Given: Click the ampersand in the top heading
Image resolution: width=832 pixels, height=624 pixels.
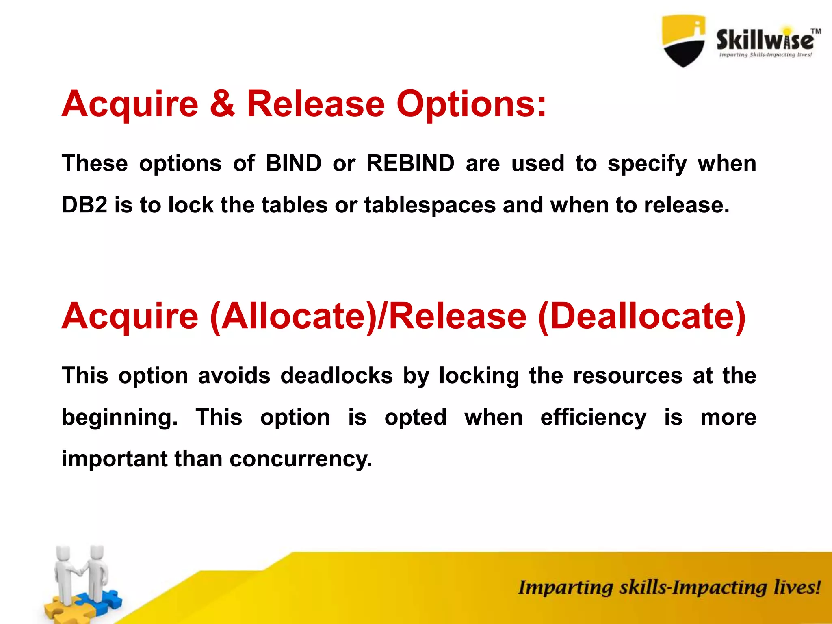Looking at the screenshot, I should point(222,104).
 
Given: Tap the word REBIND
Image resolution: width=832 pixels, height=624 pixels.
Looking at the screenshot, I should point(410,163).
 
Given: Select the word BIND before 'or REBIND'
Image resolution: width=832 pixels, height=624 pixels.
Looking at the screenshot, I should point(293,163).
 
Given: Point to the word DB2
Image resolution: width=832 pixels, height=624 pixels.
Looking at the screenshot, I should point(84,205).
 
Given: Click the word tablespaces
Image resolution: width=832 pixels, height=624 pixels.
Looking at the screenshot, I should point(430,206).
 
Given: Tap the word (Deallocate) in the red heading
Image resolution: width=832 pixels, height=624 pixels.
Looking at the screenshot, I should point(642,317).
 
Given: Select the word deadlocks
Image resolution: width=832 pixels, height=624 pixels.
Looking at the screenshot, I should point(337,375).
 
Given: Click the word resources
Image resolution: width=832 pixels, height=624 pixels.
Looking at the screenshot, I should point(628,376).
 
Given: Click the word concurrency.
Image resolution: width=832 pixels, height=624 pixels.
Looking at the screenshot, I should point(301,459).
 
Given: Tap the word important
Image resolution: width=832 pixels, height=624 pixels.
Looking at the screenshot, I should point(115,459).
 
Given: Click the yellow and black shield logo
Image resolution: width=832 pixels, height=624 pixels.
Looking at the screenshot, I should point(684,41).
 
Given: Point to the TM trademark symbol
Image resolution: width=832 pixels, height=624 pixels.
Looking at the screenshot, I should point(816,31).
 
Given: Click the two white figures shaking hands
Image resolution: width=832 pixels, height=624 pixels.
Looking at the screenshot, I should point(81,573).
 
